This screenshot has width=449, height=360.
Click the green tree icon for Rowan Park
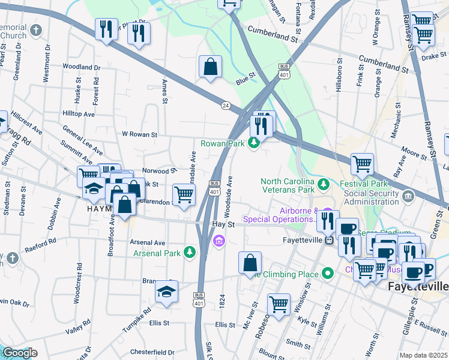click(x=254, y=143)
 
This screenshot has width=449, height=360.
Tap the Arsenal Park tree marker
click(x=190, y=251)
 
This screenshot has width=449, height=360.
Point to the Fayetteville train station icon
click(x=329, y=241)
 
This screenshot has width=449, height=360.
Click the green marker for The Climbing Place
click(x=327, y=274)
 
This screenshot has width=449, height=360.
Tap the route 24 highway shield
click(x=226, y=104)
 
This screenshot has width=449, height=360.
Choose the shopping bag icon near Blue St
click(x=211, y=68)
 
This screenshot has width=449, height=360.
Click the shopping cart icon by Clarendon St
click(x=184, y=194)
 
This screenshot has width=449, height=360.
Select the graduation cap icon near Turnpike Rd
click(x=167, y=292)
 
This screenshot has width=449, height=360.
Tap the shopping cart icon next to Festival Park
click(x=362, y=163)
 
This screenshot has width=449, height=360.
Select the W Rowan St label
click(x=139, y=134)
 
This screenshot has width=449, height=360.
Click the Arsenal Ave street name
click(x=147, y=242)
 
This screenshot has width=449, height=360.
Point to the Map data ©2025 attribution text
click(x=423, y=355)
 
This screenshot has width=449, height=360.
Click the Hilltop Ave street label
click(x=79, y=113)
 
